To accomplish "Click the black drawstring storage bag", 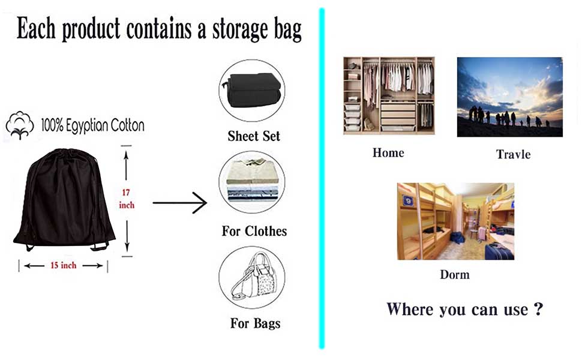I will click(x=64, y=201).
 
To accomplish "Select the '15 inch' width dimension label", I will click(x=63, y=265).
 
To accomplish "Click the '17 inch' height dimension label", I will click(x=127, y=199).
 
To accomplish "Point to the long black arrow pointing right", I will click(x=179, y=203).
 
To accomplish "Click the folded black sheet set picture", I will click(x=251, y=90).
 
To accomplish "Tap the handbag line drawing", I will click(x=252, y=277).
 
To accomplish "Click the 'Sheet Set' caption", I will click(x=254, y=136).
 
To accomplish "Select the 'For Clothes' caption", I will click(x=254, y=231).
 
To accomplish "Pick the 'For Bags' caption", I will click(x=255, y=323).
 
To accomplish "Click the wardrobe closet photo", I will click(x=389, y=95).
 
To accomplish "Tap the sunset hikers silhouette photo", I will click(x=509, y=97).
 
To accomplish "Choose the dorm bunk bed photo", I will click(x=455, y=221).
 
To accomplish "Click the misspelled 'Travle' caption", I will click(x=513, y=154).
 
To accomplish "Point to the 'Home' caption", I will click(x=388, y=153).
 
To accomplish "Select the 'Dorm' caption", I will click(x=454, y=275).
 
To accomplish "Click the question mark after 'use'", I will click(x=538, y=309).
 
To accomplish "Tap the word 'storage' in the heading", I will click(x=233, y=29).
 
